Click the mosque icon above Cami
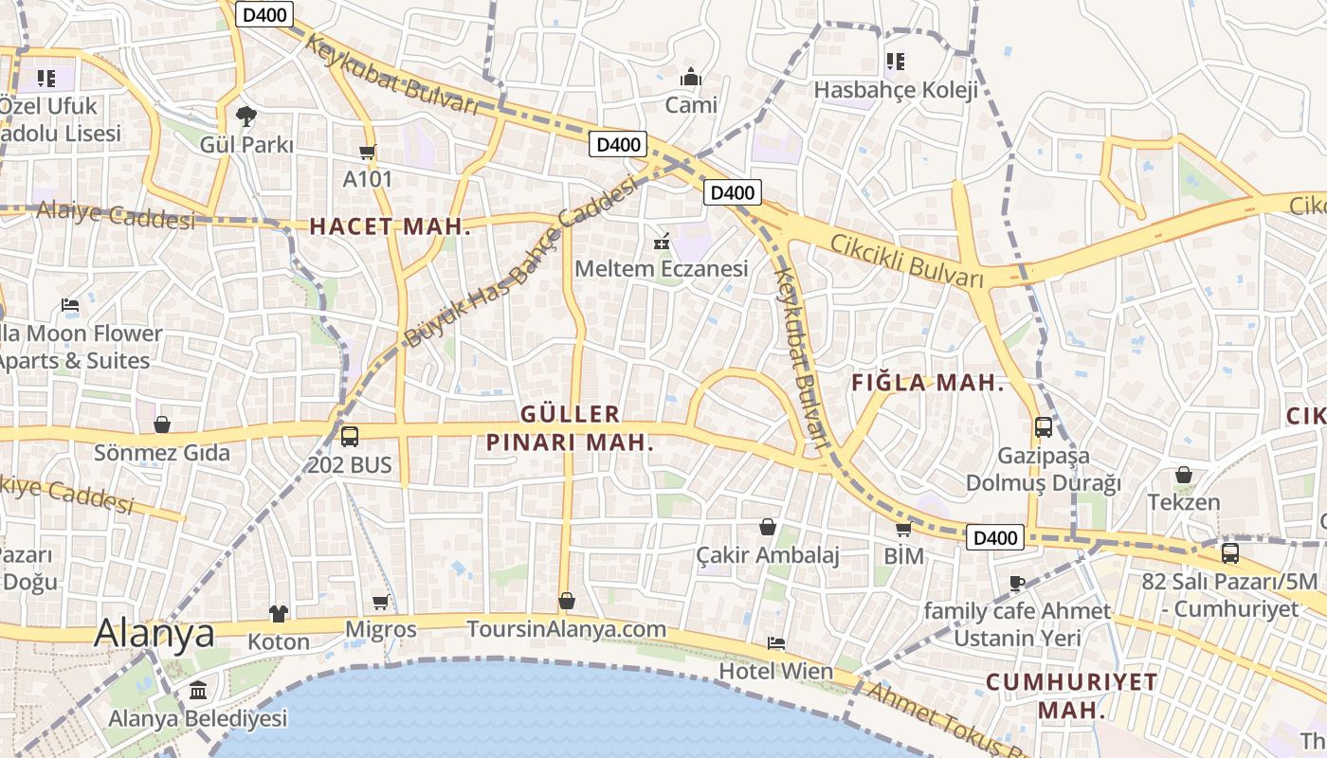pyautogui.click(x=691, y=76)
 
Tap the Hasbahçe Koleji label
pyautogui.click(x=896, y=90)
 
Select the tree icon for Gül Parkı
pyautogui.click(x=246, y=117)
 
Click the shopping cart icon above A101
pyautogui.click(x=368, y=152)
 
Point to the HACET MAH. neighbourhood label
pyautogui.click(x=390, y=226)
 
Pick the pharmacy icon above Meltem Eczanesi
pyautogui.click(x=662, y=242)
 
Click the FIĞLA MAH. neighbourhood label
pyautogui.click(x=927, y=383)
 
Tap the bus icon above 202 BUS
pyautogui.click(x=349, y=437)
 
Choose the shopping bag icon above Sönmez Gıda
pyautogui.click(x=162, y=424)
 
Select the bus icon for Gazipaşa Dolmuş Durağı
pyautogui.click(x=1043, y=427)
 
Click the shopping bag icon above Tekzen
pyautogui.click(x=1183, y=475)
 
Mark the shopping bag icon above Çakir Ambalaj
pyautogui.click(x=768, y=527)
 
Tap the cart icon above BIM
pyautogui.click(x=903, y=529)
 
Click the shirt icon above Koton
pyautogui.click(x=278, y=614)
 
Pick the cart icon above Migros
pyautogui.click(x=380, y=602)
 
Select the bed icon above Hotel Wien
pyautogui.click(x=775, y=643)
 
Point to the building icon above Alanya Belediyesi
pyautogui.click(x=198, y=691)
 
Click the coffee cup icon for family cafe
pyautogui.click(x=1017, y=583)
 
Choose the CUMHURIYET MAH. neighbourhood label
pyautogui.click(x=1071, y=695)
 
